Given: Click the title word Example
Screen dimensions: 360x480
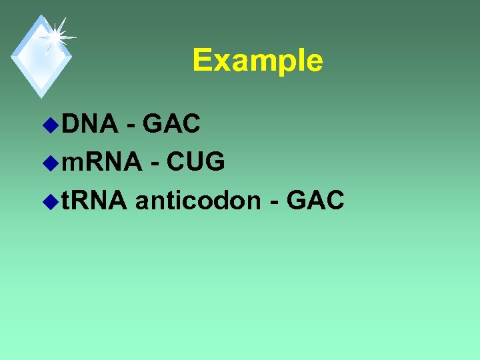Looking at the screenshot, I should [x=257, y=61].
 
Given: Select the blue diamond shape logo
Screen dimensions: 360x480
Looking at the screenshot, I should [x=41, y=57].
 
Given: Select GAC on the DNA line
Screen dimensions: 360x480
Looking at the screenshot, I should [x=171, y=123].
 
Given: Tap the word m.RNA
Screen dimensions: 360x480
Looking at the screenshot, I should [x=101, y=161].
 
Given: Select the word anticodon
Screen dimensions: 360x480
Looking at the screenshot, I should [x=197, y=199].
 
